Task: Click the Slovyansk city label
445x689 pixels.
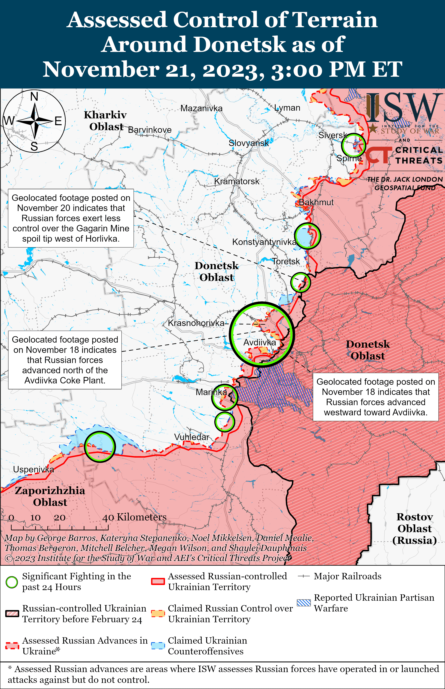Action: point(249,143)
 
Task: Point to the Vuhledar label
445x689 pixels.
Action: point(192,437)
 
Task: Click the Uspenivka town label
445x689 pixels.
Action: point(34,469)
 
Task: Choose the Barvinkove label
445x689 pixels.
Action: point(150,130)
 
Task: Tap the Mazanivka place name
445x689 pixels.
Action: point(201,108)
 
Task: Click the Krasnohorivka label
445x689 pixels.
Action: point(196,323)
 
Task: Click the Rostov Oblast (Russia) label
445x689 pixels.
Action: point(414,528)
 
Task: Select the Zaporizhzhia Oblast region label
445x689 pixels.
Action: point(50,496)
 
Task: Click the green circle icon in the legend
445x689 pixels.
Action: point(12,582)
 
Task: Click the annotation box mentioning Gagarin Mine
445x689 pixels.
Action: point(71,218)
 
